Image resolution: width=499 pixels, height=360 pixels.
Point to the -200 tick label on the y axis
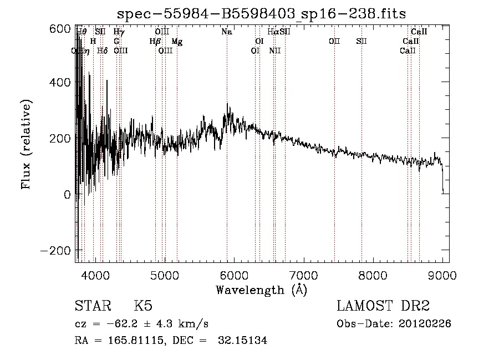(55, 250)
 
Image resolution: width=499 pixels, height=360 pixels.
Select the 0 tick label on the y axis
(67, 195)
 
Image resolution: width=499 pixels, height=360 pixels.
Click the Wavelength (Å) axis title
(261, 290)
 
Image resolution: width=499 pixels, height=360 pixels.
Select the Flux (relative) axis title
(27, 144)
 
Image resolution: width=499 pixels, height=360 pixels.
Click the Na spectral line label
(226, 32)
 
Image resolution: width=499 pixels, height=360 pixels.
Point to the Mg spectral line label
(177, 42)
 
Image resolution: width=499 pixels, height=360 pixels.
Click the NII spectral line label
(275, 51)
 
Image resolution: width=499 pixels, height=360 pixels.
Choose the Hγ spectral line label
(119, 32)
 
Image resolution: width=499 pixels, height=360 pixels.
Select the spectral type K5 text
(143, 306)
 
